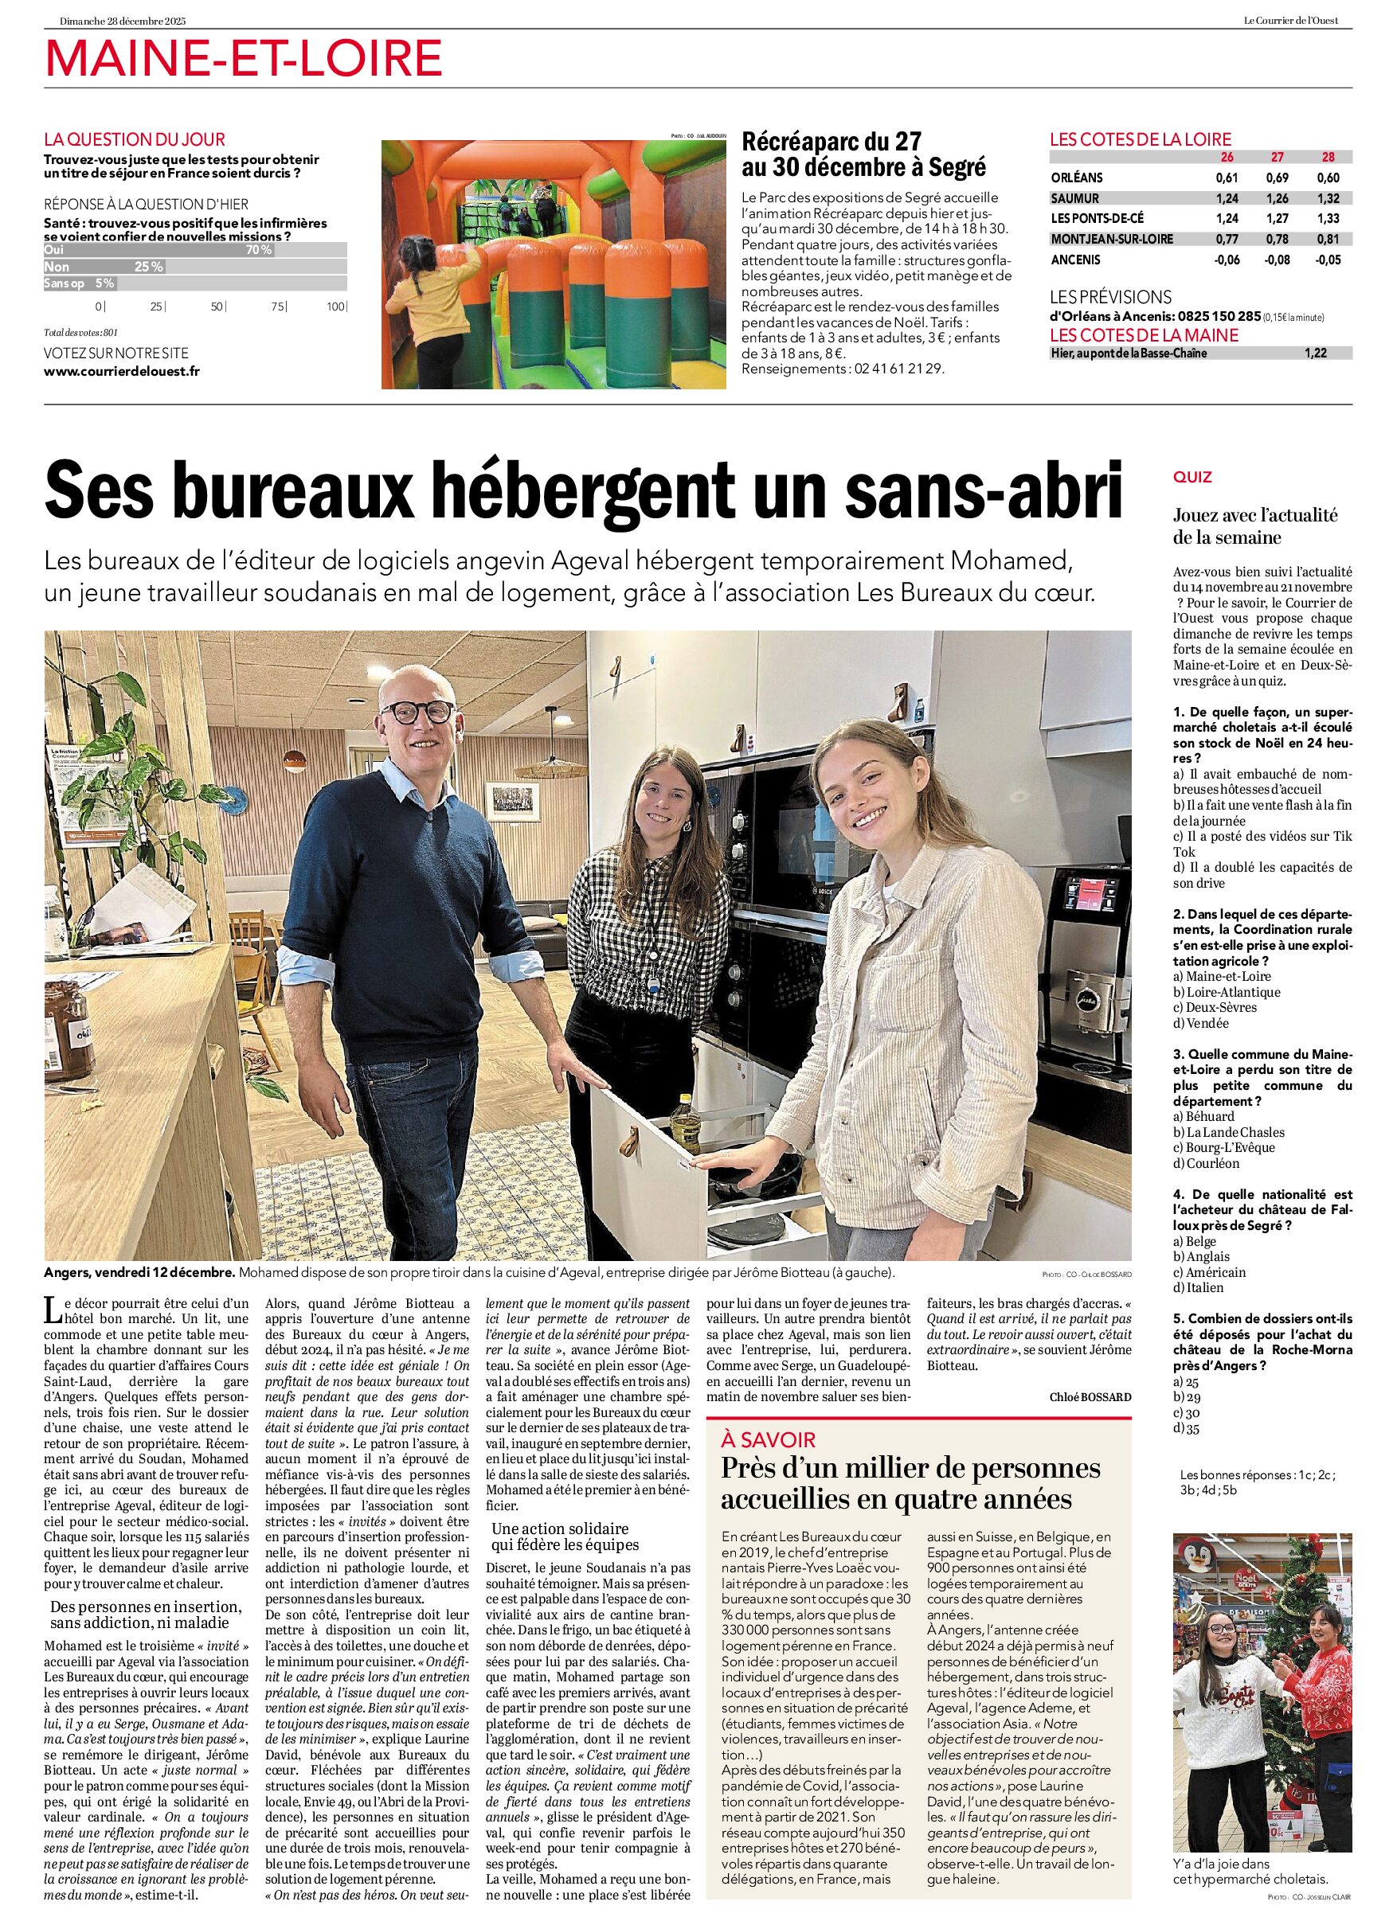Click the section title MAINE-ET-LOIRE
pos(244,59)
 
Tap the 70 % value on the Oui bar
pos(258,250)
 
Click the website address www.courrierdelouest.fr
pos(122,370)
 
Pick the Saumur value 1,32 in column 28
pos(1328,198)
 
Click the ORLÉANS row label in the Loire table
pos(1077,178)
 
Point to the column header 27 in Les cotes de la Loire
pos(1277,158)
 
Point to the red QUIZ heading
pos(1192,477)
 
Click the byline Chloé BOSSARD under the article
pos(1090,1396)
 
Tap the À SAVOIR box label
pos(769,1439)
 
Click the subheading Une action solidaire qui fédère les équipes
pos(561,1536)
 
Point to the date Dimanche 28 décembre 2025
pos(123,21)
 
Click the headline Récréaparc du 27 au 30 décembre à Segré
pos(863,154)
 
